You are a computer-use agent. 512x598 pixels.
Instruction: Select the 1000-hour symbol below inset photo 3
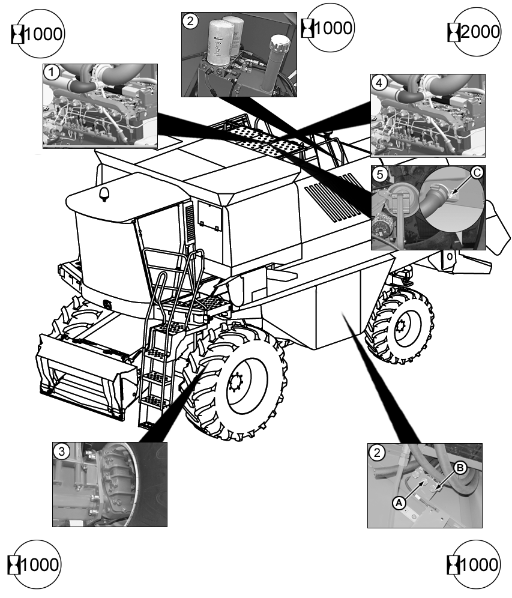pyautogui.click(x=35, y=564)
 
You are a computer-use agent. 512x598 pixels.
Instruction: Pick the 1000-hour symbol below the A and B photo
pyautogui.click(x=475, y=564)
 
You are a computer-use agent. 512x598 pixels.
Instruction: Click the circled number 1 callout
pyautogui.click(x=52, y=73)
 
